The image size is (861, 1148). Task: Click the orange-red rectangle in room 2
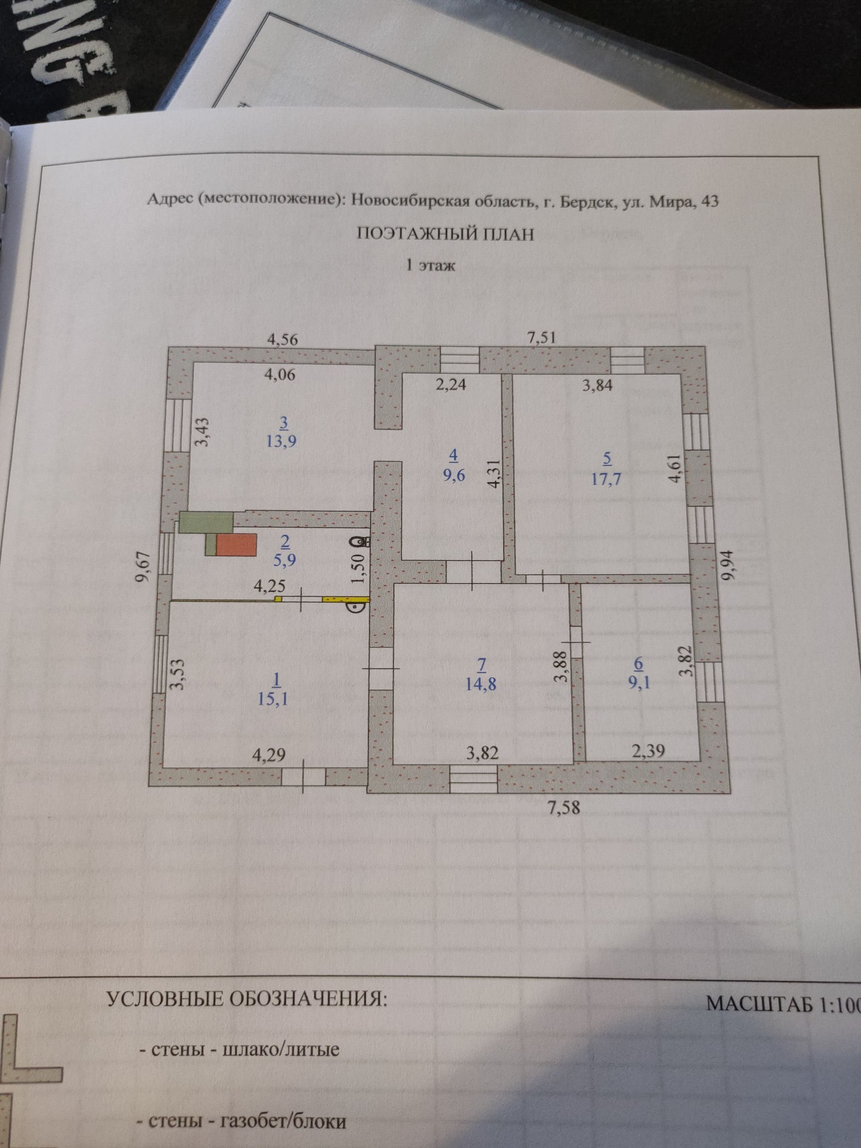click(x=236, y=546)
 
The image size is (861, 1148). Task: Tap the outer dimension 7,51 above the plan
click(x=542, y=338)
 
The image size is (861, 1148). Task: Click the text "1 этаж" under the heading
click(x=430, y=267)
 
